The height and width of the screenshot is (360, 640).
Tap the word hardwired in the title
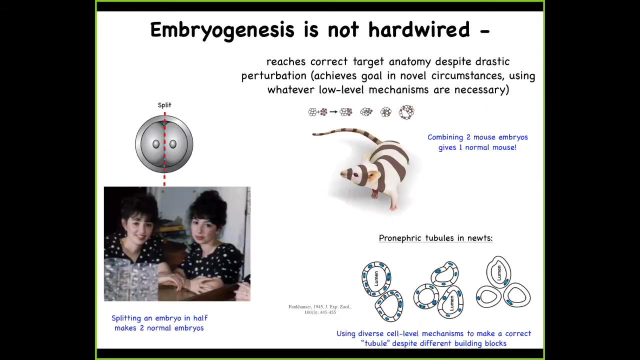coord(419,29)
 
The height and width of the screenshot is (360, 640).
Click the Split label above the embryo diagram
coord(164,105)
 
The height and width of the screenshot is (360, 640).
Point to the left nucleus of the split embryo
coord(156,144)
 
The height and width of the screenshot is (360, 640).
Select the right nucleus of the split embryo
coord(173,144)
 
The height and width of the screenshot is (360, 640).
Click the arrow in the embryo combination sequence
coord(333,112)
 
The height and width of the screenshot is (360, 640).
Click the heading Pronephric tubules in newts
coord(435,238)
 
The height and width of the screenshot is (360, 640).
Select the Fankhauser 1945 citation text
coord(320,309)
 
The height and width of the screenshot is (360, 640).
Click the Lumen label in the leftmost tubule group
coord(376,278)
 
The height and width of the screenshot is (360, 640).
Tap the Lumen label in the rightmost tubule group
coord(499,273)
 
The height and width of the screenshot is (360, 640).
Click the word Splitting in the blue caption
coord(126,318)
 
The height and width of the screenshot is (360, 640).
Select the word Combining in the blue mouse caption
coord(445,137)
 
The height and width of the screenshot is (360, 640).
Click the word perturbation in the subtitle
coord(273,76)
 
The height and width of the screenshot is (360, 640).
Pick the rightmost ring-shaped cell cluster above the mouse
coord(406,112)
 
